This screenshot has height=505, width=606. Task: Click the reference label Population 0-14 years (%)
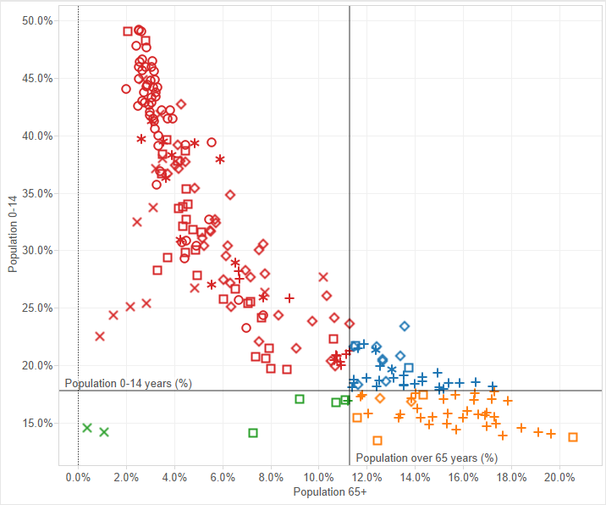pyautogui.click(x=128, y=384)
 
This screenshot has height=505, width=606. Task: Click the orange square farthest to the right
pyautogui.click(x=573, y=437)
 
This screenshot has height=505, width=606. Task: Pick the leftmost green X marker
pyautogui.click(x=87, y=428)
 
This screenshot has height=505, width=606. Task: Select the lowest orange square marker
pyautogui.click(x=377, y=441)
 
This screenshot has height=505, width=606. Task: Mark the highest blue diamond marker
pyautogui.click(x=405, y=326)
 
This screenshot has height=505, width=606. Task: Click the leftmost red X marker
pyautogui.click(x=100, y=336)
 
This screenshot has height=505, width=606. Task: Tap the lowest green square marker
pyautogui.click(x=253, y=433)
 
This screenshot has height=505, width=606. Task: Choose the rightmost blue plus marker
pyautogui.click(x=493, y=386)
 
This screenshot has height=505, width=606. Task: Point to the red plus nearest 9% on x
pyautogui.click(x=289, y=298)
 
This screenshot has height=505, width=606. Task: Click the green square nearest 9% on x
pyautogui.click(x=300, y=399)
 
